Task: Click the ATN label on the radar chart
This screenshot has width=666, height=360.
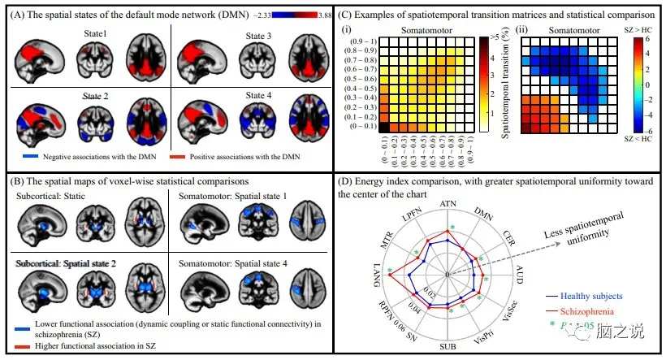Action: pyautogui.click(x=448, y=202)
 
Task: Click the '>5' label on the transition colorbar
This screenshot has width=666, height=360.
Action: pyautogui.click(x=497, y=38)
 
